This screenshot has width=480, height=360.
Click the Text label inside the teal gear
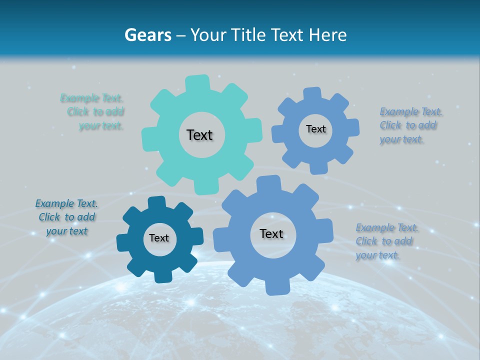(x=199, y=135)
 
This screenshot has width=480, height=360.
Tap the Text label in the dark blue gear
(x=159, y=238)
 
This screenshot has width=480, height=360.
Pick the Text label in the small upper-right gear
(x=315, y=129)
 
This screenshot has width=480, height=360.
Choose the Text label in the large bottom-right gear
(x=271, y=234)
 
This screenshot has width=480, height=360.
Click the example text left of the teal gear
(x=95, y=112)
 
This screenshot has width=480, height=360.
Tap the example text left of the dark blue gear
(x=67, y=217)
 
